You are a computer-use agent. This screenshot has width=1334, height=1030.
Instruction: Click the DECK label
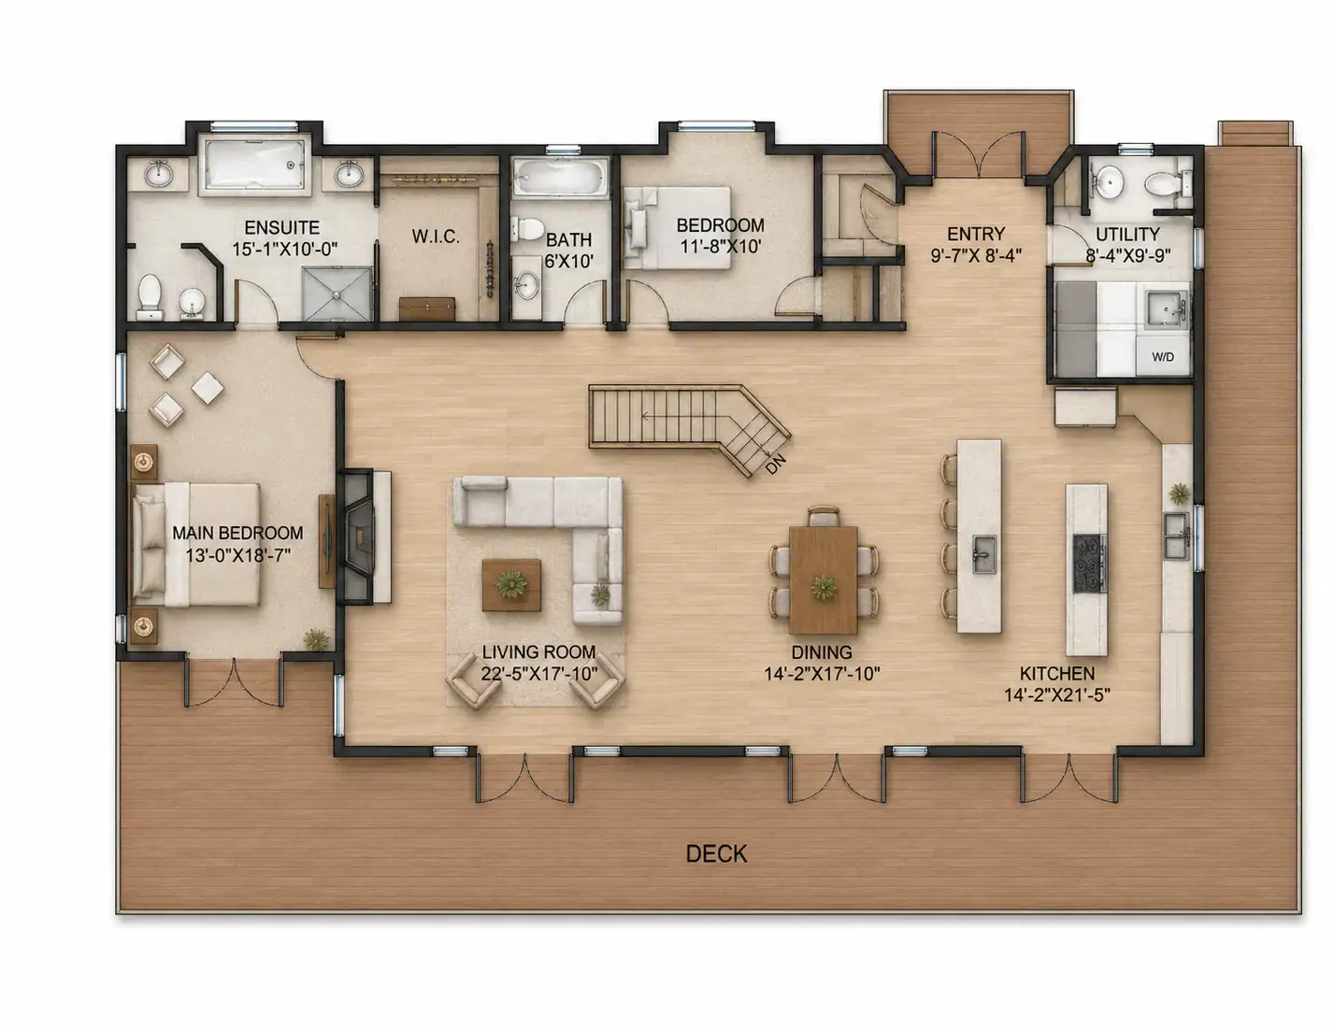[716, 854]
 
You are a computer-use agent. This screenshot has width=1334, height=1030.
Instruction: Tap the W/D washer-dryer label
[1163, 357]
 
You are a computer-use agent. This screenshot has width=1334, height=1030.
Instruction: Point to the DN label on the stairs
[775, 464]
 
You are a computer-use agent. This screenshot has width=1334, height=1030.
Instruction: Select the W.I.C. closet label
[436, 236]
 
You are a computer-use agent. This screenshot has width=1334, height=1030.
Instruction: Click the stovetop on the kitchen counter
[1090, 563]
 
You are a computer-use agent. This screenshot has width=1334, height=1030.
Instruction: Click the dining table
[824, 580]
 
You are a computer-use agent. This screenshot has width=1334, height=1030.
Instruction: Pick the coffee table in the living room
[511, 585]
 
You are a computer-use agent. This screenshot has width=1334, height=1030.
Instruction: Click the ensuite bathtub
[256, 165]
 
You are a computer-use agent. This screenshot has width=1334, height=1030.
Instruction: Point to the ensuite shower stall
[337, 294]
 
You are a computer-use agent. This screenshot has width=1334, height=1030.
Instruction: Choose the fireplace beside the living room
[359, 537]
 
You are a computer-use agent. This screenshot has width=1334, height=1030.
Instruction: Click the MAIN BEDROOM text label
[237, 533]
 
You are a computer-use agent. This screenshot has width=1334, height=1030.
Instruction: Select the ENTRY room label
[976, 234]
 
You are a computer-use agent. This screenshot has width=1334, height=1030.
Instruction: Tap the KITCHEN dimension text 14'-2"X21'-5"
[1057, 695]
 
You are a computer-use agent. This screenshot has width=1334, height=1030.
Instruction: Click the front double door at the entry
[979, 154]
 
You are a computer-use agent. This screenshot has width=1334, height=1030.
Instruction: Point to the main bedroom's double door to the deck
[234, 682]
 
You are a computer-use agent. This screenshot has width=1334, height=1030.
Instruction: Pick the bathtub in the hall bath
[560, 178]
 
